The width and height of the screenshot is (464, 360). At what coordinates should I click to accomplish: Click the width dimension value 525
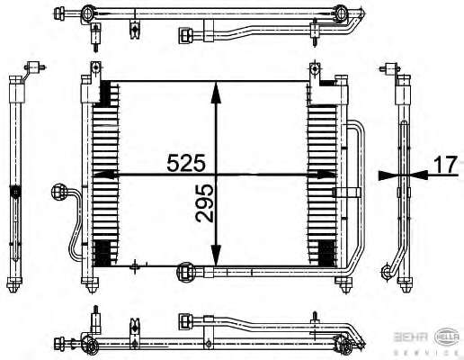[x=186, y=163]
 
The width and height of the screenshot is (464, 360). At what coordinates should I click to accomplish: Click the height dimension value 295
[x=204, y=203]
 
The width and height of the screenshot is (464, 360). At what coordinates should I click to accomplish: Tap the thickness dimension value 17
[x=446, y=165]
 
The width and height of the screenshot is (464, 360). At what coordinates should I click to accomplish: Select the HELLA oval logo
[x=447, y=337]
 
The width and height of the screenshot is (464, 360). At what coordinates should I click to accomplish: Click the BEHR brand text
[x=411, y=337]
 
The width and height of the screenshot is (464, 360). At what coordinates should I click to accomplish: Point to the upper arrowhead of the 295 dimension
[x=216, y=93]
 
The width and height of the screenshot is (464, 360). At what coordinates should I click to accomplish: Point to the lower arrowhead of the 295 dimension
[x=216, y=256]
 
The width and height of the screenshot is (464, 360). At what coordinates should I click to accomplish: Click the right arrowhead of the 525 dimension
[x=326, y=175]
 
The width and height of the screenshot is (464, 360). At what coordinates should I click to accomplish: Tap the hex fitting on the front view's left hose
[x=58, y=192]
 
